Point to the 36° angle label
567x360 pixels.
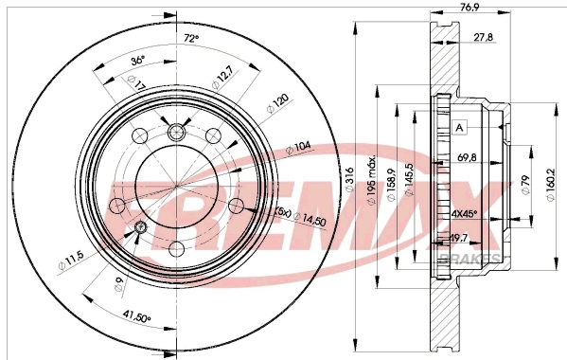136,61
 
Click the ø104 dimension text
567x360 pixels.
299,147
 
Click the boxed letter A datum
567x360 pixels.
460,128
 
